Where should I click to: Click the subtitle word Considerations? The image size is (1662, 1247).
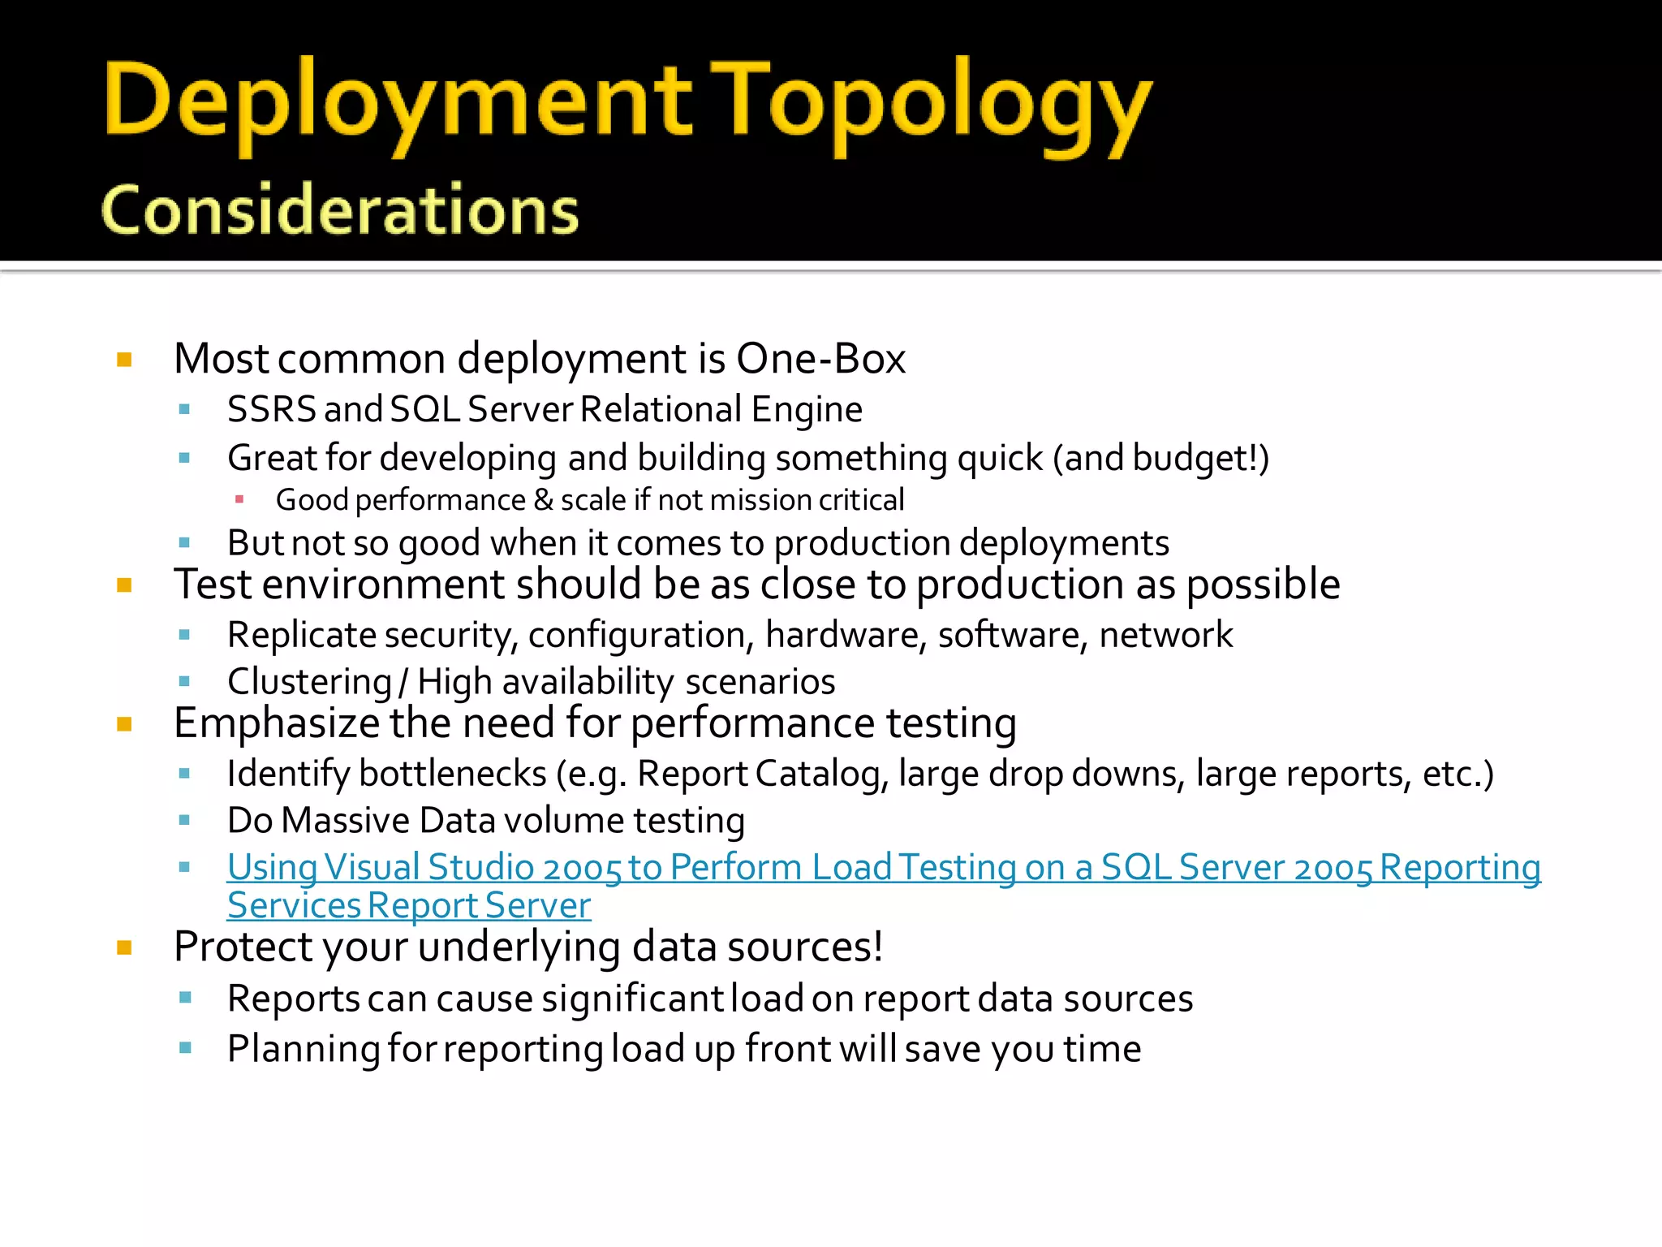click(x=340, y=210)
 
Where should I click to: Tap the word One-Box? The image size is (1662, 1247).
click(x=820, y=359)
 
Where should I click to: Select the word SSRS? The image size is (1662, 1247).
click(x=271, y=409)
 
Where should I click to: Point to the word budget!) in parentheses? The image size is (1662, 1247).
click(x=1200, y=458)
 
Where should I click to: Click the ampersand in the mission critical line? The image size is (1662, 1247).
click(x=543, y=500)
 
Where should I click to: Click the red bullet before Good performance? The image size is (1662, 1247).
click(x=239, y=499)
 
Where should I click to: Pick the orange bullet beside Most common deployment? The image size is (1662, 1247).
click(x=124, y=360)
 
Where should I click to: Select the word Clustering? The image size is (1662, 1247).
click(x=309, y=682)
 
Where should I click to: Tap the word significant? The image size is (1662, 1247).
click(x=633, y=999)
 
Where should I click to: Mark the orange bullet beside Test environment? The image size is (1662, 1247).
click(x=124, y=585)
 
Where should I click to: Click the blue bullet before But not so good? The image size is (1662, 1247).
click(x=184, y=542)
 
